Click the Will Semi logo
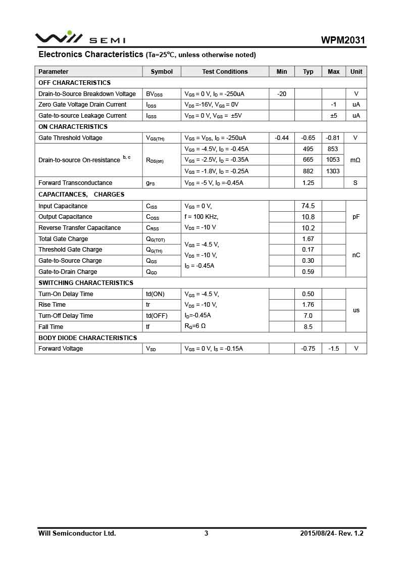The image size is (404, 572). (80, 38)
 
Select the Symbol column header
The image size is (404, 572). (162, 72)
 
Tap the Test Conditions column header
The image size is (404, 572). (225, 72)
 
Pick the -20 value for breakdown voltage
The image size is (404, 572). (282, 94)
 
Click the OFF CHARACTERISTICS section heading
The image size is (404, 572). (74, 83)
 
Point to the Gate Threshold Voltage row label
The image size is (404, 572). (70, 138)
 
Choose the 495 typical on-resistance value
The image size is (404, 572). (308, 149)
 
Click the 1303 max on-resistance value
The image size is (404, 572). (333, 171)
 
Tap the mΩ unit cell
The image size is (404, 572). (356, 160)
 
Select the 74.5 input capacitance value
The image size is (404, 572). (308, 206)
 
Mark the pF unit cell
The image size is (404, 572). (356, 217)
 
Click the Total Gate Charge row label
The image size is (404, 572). (63, 239)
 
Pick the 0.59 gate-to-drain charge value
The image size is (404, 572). (308, 272)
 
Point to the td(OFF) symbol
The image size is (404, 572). (157, 316)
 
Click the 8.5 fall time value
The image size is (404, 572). (308, 327)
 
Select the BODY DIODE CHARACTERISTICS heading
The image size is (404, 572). (88, 338)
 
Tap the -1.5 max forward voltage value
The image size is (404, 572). (333, 349)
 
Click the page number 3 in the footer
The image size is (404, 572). (206, 533)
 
